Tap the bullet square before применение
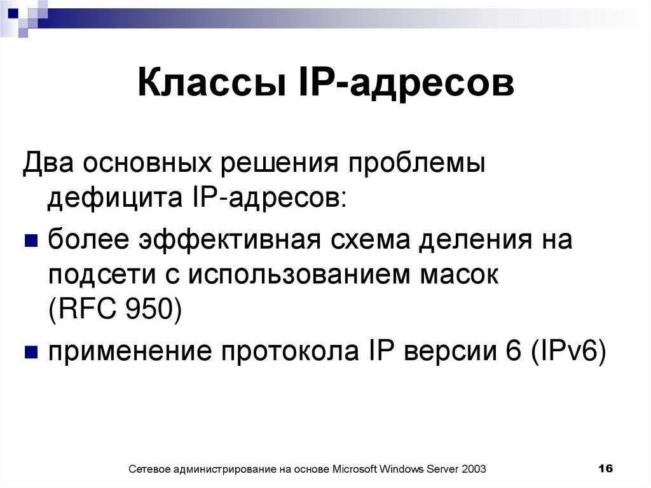(x=30, y=352)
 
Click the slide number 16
(x=605, y=468)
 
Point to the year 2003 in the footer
(x=475, y=470)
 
